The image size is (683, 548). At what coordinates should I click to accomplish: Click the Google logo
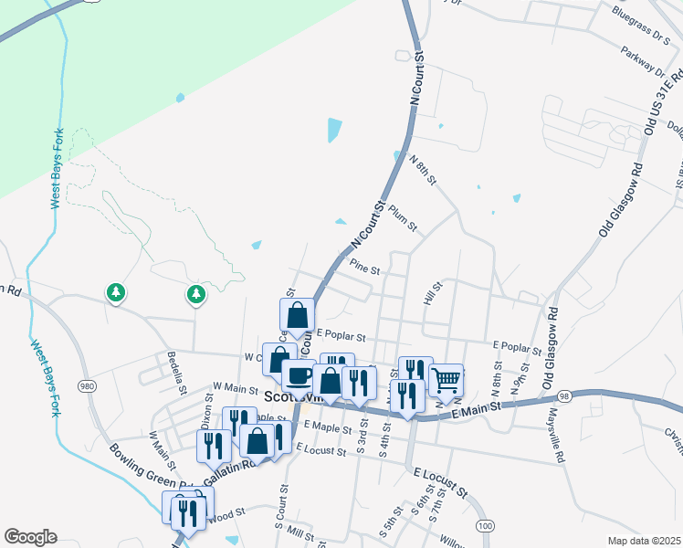[30, 537]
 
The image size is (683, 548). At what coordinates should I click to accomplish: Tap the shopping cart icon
[445, 378]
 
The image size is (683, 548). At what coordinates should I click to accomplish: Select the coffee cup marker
[298, 374]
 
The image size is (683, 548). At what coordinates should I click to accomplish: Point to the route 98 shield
[564, 395]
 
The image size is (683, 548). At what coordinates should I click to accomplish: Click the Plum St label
[402, 218]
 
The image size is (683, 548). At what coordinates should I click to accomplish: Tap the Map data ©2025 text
[644, 541]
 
